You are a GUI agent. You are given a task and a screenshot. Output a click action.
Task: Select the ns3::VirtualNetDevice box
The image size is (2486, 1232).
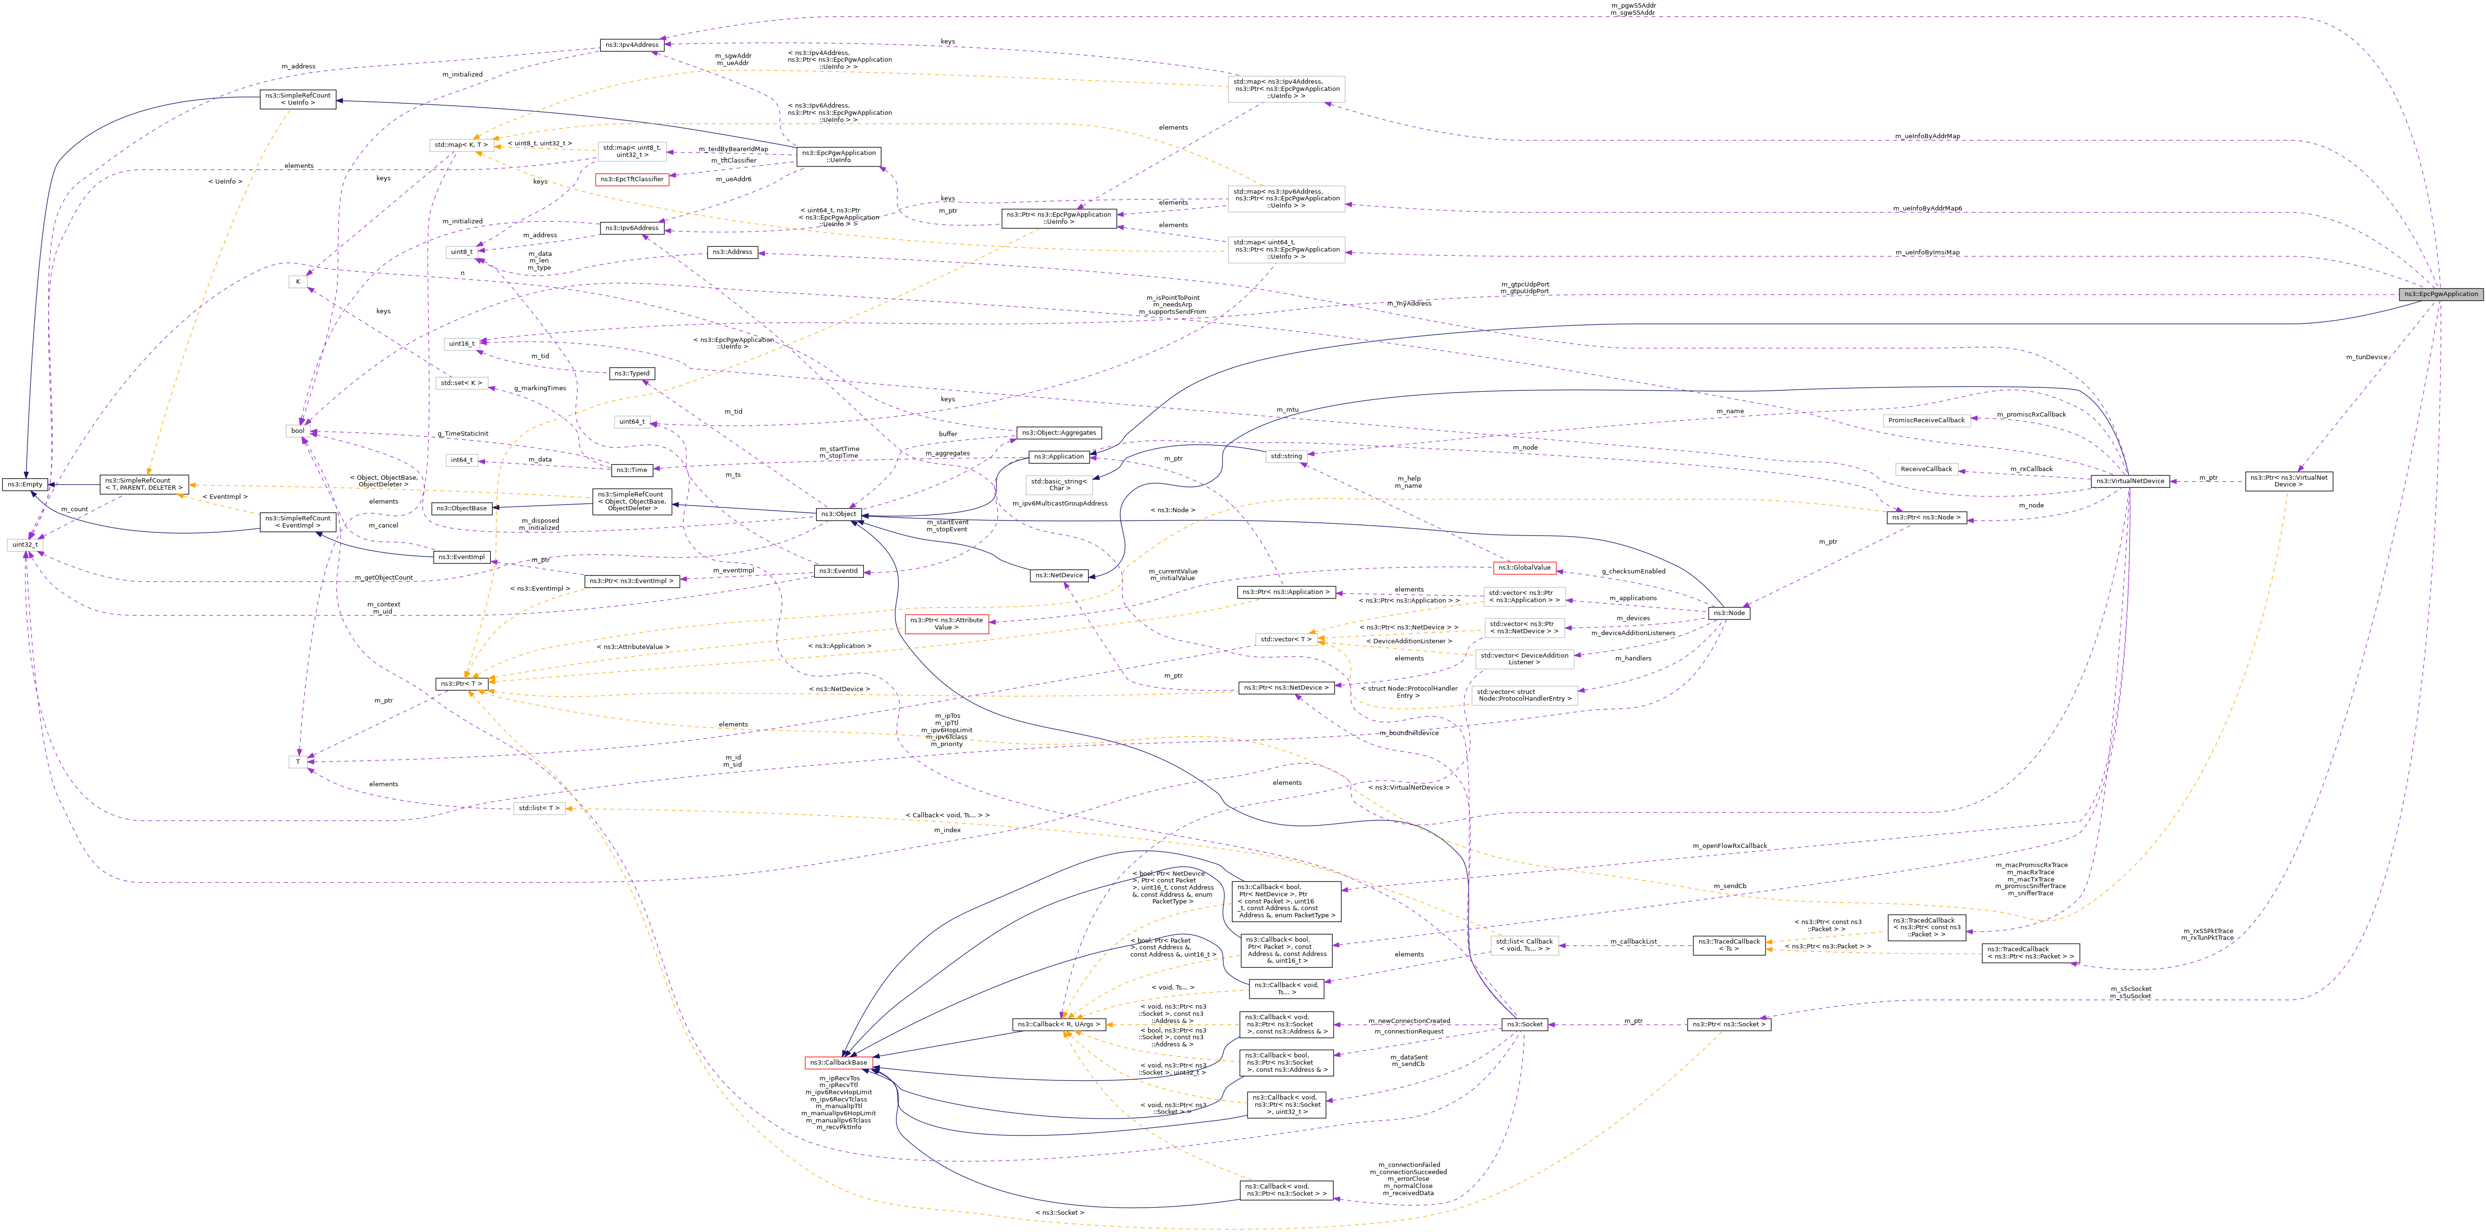click(x=2129, y=481)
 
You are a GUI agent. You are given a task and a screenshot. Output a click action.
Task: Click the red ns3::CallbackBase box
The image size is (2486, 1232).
click(x=839, y=1063)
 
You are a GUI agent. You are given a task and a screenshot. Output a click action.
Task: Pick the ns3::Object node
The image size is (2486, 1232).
click(x=838, y=514)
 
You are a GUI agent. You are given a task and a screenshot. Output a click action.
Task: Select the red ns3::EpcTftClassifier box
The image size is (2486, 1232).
click(x=631, y=179)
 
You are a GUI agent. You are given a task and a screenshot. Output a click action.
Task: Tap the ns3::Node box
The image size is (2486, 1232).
click(x=1727, y=614)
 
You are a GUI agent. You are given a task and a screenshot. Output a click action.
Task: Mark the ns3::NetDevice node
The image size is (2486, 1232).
click(x=1059, y=576)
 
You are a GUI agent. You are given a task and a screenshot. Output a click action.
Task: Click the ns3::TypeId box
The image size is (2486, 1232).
click(x=632, y=374)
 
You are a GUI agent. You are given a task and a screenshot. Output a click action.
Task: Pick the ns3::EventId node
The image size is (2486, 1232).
click(x=838, y=571)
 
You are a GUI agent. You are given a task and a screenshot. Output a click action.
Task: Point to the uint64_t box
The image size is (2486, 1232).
click(x=632, y=422)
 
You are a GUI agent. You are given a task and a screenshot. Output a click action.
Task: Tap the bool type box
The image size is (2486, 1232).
click(x=298, y=431)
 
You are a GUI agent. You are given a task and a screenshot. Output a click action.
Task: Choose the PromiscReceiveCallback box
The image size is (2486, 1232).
click(x=1926, y=421)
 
